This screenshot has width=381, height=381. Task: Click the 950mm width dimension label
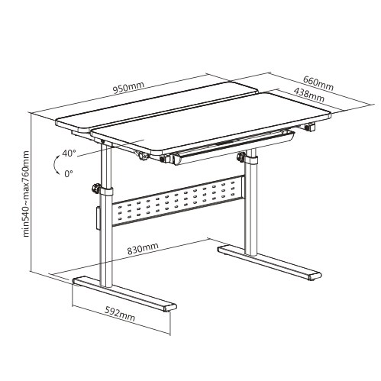pyautogui.click(x=128, y=88)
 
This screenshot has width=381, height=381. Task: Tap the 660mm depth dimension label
pyautogui.click(x=318, y=83)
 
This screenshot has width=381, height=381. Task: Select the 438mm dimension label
pyautogui.click(x=309, y=95)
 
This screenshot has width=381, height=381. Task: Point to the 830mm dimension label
pyautogui.click(x=143, y=248)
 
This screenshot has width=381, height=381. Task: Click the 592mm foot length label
pyautogui.click(x=120, y=315)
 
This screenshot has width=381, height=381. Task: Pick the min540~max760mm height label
pyautogui.click(x=26, y=194)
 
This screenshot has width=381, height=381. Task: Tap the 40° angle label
pyautogui.click(x=69, y=153)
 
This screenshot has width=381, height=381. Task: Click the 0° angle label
pyautogui.click(x=69, y=173)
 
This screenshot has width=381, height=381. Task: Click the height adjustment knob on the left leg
pyautogui.click(x=96, y=189)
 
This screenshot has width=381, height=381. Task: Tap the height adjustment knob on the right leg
pyautogui.click(x=241, y=157)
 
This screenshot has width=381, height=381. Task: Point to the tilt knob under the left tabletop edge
pyautogui.click(x=141, y=155)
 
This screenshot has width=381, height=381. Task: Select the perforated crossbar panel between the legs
pyautogui.click(x=178, y=200)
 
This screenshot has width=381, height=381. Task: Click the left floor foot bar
pyautogui.click(x=124, y=295)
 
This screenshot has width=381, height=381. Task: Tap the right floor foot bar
pyautogui.click(x=270, y=263)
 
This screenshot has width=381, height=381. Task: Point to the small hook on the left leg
pyautogui.click(x=98, y=218)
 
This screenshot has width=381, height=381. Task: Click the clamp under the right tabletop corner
pyautogui.click(x=309, y=127)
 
